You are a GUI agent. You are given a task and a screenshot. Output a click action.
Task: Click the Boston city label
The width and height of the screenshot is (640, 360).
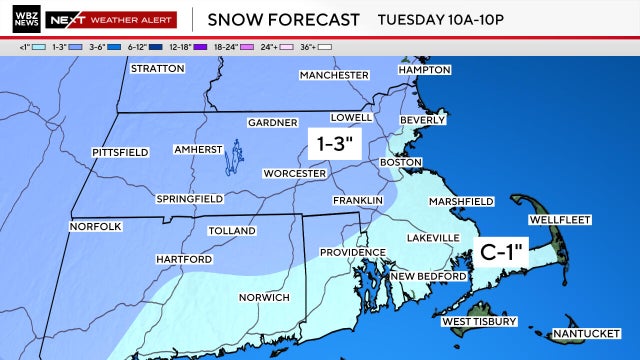(402, 161)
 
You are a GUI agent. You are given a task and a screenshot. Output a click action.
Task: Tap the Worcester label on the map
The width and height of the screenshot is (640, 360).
(294, 173)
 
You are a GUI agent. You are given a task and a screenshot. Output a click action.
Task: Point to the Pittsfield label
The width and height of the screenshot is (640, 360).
(120, 152)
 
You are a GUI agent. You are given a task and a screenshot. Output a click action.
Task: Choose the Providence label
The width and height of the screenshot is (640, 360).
(352, 252)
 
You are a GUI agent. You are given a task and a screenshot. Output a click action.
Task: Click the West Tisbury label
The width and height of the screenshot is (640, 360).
(479, 322)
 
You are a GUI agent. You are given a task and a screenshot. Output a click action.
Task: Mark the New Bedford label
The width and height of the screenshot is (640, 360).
(428, 276)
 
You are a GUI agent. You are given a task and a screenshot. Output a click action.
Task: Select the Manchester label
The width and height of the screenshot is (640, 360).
(334, 75)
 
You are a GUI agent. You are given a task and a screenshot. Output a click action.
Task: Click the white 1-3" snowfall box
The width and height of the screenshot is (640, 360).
(332, 144)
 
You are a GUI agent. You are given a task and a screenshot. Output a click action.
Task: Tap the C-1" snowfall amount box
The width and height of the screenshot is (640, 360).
(502, 250)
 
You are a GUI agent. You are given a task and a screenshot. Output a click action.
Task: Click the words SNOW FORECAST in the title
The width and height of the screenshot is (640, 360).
(282, 20)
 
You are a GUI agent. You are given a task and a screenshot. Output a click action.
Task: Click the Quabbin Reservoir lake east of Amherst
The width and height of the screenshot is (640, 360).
(236, 155)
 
